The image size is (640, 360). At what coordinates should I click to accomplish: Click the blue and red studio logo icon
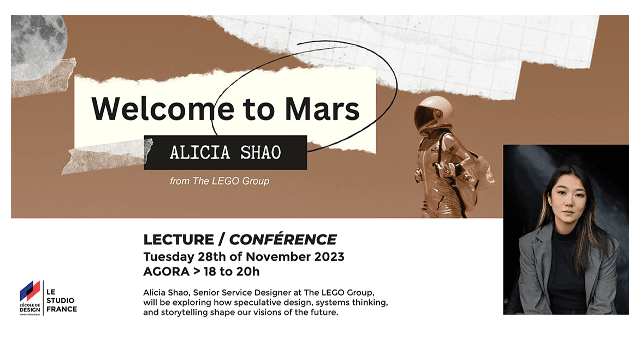tap(30, 292)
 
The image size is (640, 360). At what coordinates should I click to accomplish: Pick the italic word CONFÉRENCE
tap(284, 239)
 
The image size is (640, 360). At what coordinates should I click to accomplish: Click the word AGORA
tap(169, 271)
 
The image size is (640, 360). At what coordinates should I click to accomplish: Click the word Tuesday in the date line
tap(176, 256)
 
